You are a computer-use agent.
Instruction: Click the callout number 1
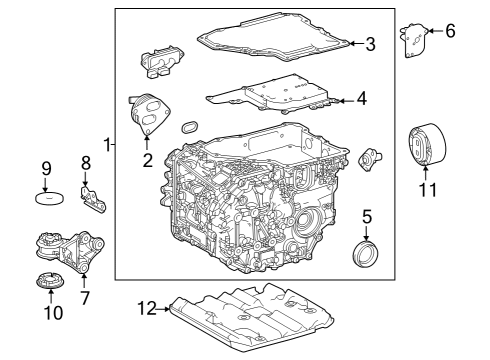tap(107, 144)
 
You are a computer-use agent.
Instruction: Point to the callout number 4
tap(361, 99)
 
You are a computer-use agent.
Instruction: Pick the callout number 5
tap(367, 215)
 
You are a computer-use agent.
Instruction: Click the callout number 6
tap(449, 31)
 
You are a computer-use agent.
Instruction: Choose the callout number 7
tap(84, 297)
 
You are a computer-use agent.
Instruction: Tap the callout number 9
tap(46, 167)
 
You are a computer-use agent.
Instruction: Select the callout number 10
tap(53, 313)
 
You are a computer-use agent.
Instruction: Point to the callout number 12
tap(146, 310)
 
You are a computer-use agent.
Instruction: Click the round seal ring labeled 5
tap(366, 250)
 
